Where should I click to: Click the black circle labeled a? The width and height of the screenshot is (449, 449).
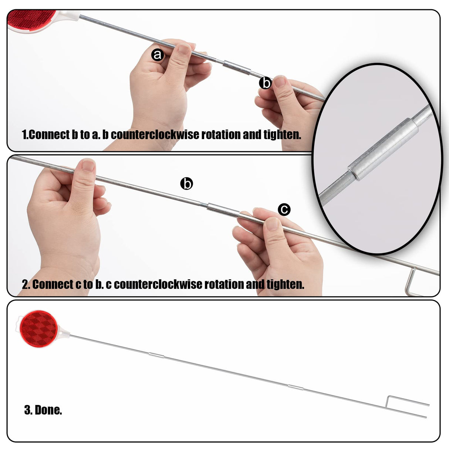coord(158,55)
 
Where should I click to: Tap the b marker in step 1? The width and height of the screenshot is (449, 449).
coord(266,83)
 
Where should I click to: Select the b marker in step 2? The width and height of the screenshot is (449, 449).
coord(187,183)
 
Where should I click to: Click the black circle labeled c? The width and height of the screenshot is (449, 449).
coord(284,209)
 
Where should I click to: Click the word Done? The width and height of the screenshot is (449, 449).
coord(48,416)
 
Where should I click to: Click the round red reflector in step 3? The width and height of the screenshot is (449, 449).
coord(39,329)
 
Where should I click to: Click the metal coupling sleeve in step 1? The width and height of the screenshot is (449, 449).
coord(237,67)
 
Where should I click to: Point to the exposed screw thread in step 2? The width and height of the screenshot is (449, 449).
coord(203,204)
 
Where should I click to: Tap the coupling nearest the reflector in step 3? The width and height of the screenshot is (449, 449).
coord(156,355)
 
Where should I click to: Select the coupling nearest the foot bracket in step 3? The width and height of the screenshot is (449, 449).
coord(296,387)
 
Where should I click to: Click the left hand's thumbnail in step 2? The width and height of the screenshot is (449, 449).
coord(88,166)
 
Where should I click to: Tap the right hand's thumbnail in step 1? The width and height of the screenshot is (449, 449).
coord(280,82)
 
